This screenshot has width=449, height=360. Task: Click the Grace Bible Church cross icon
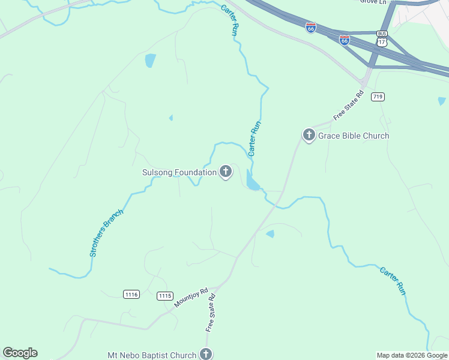point(309,136)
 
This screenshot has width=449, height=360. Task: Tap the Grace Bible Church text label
point(354,136)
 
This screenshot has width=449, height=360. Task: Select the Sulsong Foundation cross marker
point(226,172)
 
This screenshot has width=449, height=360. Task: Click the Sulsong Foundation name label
point(179,173)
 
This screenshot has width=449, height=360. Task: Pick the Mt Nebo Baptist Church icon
point(206,354)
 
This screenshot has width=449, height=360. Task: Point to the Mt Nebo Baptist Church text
point(152,355)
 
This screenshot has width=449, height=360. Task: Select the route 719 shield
point(378,97)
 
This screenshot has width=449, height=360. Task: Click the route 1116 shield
point(131,294)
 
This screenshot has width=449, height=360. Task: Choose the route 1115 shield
point(165,296)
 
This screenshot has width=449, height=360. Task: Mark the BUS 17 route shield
point(382,40)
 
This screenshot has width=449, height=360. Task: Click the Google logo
point(20,353)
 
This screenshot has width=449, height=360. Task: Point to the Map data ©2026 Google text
point(412,355)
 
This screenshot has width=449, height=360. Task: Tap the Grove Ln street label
point(372,2)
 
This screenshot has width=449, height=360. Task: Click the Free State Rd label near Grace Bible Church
point(349,105)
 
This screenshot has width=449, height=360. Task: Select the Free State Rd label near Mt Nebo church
point(211,312)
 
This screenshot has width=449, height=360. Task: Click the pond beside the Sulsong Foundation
point(252,181)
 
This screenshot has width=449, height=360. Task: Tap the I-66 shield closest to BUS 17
point(345,40)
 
